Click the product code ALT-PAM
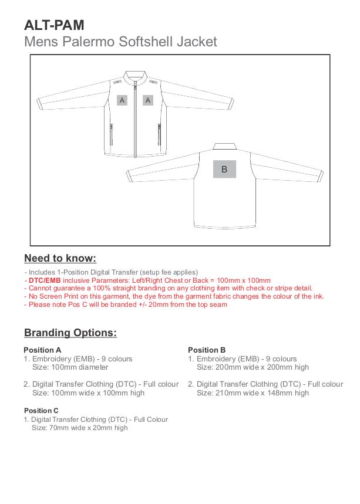pyautogui.click(x=54, y=25)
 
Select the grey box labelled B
pyautogui.click(x=224, y=169)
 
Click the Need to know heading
pyautogui.click(x=60, y=258)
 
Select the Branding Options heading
pyautogui.click(x=70, y=333)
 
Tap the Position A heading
pyautogui.click(x=42, y=350)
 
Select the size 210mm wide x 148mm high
pyautogui.click(x=253, y=393)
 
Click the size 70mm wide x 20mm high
pyautogui.click(x=79, y=428)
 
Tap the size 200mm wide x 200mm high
pyautogui.click(x=253, y=367)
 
